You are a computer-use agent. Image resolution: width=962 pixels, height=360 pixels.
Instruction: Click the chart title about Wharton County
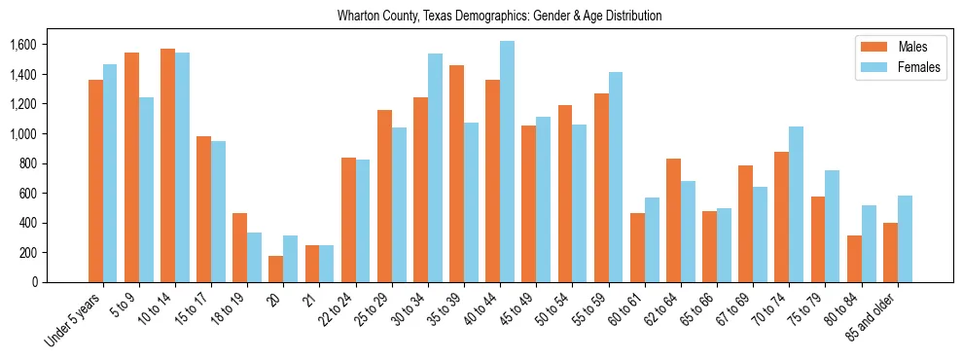click(x=499, y=17)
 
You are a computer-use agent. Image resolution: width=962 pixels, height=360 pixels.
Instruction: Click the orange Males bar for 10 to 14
click(x=167, y=165)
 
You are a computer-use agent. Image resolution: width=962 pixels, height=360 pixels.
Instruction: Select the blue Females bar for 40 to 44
click(x=507, y=162)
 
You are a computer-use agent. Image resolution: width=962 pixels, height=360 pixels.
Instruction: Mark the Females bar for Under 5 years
click(x=110, y=173)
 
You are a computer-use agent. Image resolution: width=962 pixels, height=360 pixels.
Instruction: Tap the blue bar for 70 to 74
click(x=796, y=204)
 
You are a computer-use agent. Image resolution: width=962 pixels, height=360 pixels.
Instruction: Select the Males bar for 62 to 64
click(x=673, y=220)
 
